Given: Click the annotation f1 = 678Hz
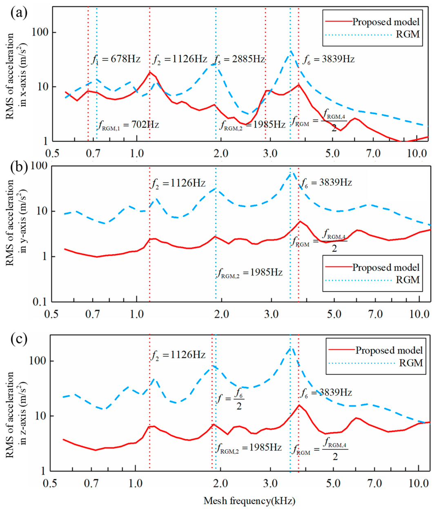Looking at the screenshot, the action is pos(116,60).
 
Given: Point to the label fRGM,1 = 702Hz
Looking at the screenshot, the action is pos(128,125).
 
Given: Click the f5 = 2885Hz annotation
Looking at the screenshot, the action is pos(240,60).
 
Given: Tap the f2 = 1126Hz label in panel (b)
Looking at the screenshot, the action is pos(178,184).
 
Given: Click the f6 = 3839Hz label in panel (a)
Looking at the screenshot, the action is pos(329,60).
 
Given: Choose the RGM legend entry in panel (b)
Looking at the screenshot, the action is pos(408,280).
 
